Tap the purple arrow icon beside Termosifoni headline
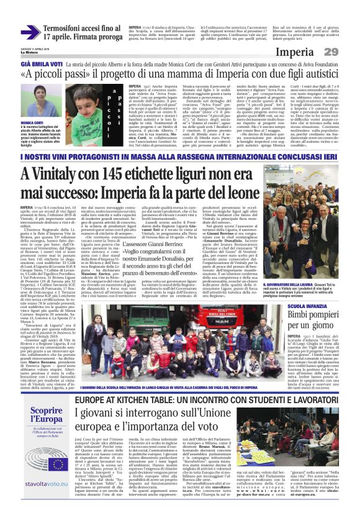coord(30,31)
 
